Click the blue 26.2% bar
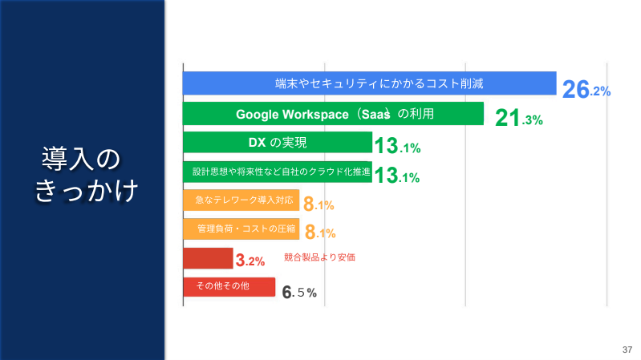[369, 83]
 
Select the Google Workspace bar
[333, 114]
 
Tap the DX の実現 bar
[278, 143]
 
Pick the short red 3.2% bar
[208, 258]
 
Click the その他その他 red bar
[229, 287]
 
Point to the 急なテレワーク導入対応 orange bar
[241, 200]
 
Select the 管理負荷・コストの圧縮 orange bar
[241, 229]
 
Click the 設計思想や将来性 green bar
[278, 172]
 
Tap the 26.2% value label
[586, 89]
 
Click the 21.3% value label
[519, 119]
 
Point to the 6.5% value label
[299, 293]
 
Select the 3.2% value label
[250, 261]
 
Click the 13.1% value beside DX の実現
[398, 147]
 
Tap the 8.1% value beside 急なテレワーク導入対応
[318, 204]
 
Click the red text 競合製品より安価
[319, 257]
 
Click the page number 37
[627, 350]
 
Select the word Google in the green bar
[256, 114]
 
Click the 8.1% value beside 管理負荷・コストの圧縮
[319, 233]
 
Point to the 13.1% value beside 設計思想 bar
[398, 176]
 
